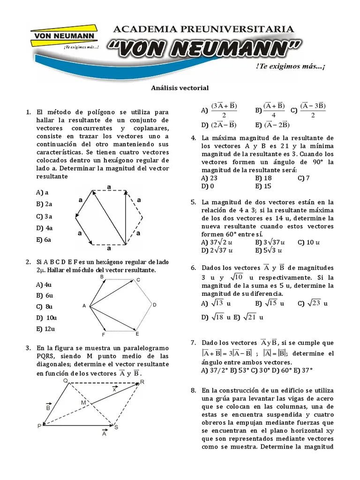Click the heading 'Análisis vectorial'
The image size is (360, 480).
(180, 88)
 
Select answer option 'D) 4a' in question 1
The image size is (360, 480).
(44, 228)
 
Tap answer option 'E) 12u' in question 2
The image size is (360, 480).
(45, 329)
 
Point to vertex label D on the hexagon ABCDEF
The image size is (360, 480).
(154, 305)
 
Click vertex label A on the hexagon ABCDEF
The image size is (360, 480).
(84, 306)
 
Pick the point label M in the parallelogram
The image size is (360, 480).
(83, 403)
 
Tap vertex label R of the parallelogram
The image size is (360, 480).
(142, 382)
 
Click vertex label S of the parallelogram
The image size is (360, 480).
(116, 427)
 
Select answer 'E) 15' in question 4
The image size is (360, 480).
(263, 186)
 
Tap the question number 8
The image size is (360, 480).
(193, 390)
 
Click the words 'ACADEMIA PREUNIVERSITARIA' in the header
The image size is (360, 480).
(204, 29)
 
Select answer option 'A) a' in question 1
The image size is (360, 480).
(42, 192)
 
